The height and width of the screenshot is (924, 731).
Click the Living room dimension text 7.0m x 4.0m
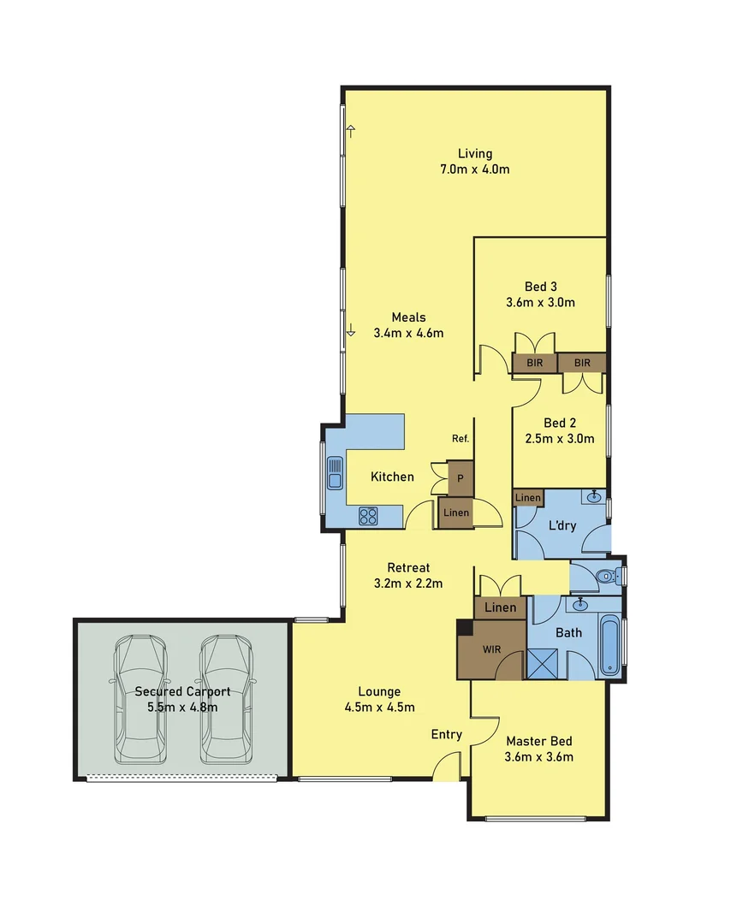pyautogui.click(x=475, y=169)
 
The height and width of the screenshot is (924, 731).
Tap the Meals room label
pyautogui.click(x=408, y=317)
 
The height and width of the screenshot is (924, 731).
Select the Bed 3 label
pyautogui.click(x=539, y=287)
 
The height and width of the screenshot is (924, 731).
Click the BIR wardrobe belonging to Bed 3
pyautogui.click(x=535, y=363)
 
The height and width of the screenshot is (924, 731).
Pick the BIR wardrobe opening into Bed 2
pyautogui.click(x=582, y=363)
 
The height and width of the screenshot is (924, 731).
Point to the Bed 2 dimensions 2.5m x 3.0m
pyautogui.click(x=559, y=438)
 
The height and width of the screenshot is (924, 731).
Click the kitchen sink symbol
pyautogui.click(x=334, y=473)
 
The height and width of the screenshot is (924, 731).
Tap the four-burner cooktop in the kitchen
pyautogui.click(x=368, y=515)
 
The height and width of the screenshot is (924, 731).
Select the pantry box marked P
pyautogui.click(x=461, y=479)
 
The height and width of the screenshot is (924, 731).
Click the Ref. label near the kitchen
pyautogui.click(x=461, y=439)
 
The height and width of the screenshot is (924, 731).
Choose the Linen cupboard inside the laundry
pyautogui.click(x=527, y=497)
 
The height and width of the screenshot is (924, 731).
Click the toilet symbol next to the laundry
pyautogui.click(x=608, y=577)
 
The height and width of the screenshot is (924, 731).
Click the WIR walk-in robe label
pyautogui.click(x=491, y=649)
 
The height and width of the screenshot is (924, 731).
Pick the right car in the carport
pyautogui.click(x=227, y=699)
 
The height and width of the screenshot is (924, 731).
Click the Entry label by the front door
pyautogui.click(x=447, y=734)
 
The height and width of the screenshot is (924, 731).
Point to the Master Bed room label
pyautogui.click(x=538, y=742)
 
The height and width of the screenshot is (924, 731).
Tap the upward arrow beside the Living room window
pyautogui.click(x=350, y=131)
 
